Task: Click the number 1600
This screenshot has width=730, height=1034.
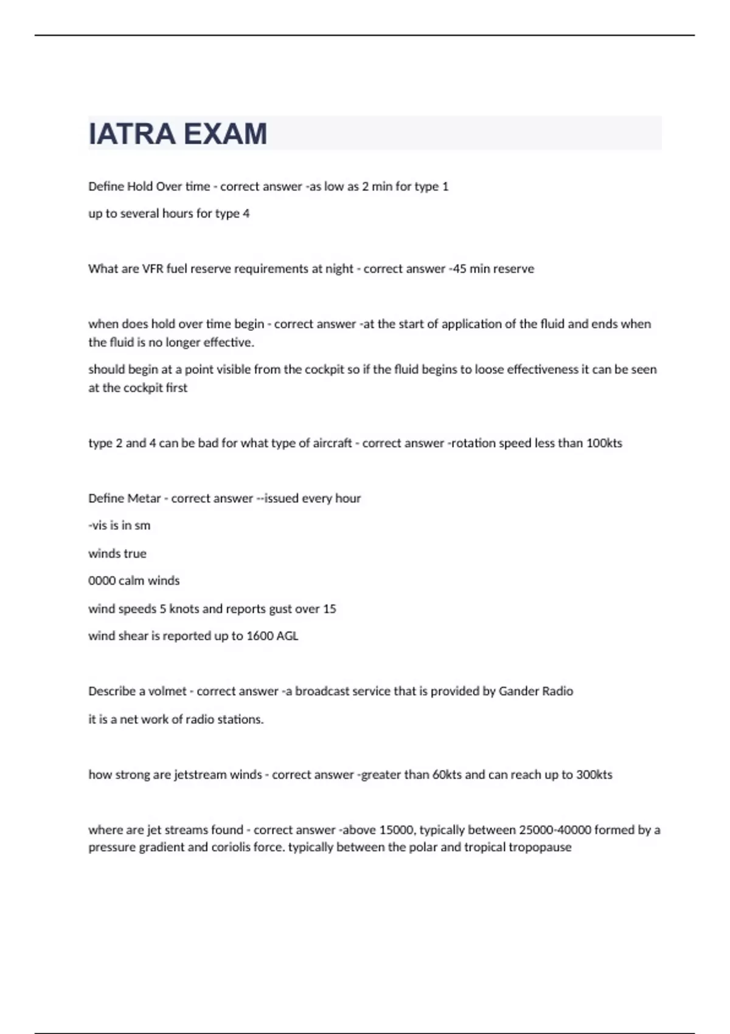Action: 260,636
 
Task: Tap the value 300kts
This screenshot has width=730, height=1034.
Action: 594,775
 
